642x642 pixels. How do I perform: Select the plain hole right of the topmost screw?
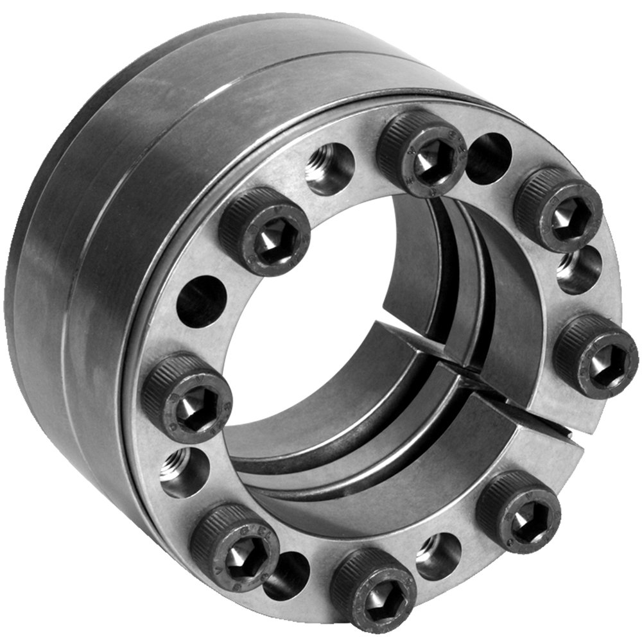coord(489,159)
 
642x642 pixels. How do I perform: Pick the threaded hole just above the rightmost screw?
coord(578,270)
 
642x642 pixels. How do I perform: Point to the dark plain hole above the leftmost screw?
coord(201,301)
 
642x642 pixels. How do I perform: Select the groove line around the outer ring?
coord(96,257)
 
